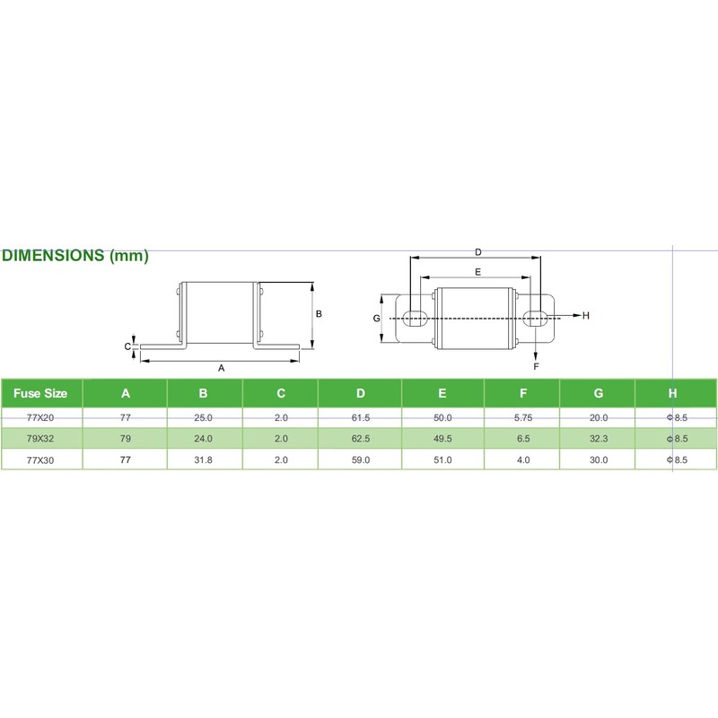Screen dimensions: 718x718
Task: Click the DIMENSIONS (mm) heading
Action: [75, 256]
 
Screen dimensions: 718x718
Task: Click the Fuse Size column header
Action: [41, 392]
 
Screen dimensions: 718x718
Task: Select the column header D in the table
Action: [360, 392]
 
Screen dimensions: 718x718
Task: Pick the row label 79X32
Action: [41, 439]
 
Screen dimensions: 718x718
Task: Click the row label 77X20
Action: [41, 417]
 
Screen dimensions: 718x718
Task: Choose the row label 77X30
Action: [41, 460]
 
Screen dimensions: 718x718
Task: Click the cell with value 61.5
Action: [360, 417]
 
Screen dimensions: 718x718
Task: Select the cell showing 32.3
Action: [598, 439]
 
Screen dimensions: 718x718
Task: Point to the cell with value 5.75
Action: [522, 417]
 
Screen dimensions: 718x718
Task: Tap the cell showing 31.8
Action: [204, 460]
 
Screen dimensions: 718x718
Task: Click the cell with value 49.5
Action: [442, 439]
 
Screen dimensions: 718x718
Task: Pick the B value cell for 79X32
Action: [204, 439]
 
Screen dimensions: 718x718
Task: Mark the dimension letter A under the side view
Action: [221, 368]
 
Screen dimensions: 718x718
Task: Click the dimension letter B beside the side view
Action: [319, 314]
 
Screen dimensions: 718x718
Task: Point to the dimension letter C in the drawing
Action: [127, 346]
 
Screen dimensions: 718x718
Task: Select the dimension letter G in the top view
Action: [377, 318]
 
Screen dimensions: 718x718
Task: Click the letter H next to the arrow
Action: [585, 316]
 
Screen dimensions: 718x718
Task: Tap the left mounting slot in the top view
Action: [414, 317]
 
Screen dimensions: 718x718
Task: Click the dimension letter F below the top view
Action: [536, 367]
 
